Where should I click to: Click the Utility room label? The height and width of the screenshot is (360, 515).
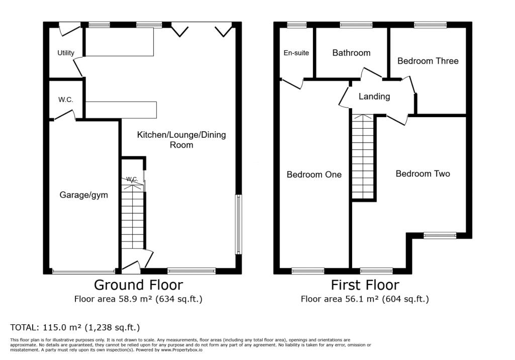pos(66,53)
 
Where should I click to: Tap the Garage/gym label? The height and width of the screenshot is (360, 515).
pos(84,195)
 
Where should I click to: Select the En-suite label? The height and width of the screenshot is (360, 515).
pos(296,53)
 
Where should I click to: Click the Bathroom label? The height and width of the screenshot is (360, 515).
pos(352,53)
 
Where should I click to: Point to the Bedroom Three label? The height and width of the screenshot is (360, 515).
pos(428,61)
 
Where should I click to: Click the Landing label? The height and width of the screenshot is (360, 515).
pos(374,97)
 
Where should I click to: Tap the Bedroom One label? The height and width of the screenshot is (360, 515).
pos(314,174)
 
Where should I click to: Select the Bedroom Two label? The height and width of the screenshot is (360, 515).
pos(422,174)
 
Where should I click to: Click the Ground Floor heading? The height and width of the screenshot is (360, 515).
pos(138,285)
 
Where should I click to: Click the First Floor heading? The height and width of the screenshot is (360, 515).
pos(365,285)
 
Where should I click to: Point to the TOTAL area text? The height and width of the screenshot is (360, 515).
pos(75,327)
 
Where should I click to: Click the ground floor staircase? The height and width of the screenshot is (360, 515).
pos(133,216)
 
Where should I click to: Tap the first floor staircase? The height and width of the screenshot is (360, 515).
pos(363,157)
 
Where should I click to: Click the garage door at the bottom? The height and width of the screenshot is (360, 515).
pos(84,272)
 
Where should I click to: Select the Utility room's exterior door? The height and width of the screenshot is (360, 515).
pos(69,29)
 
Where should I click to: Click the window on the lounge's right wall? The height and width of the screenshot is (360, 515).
pos(238,224)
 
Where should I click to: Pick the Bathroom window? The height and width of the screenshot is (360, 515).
pos(356,25)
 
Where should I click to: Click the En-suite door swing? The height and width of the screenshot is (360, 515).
pos(292,83)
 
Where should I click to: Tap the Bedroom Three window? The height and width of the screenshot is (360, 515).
pos(431,25)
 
